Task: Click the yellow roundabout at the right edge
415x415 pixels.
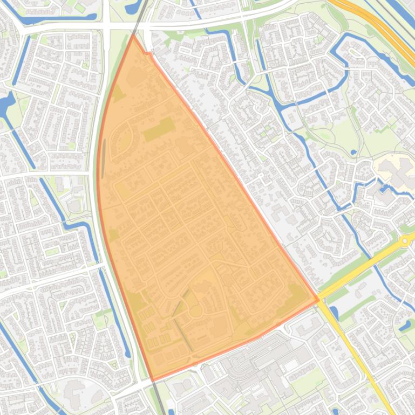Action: pos(405,240)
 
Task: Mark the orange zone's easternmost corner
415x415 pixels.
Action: pos(318,300)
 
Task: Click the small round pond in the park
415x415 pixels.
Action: pos(353,153)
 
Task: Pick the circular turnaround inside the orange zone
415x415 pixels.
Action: pos(195,311)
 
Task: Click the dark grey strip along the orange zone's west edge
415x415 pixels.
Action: pos(103,159)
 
